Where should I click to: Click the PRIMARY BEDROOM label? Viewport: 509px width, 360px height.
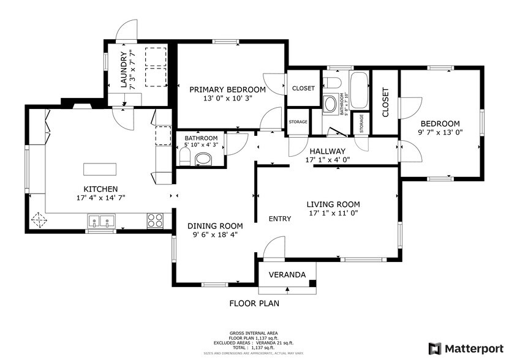[227, 89]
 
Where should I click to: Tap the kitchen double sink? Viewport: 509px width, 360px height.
[102, 221]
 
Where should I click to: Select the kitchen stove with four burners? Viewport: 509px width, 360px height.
[155, 220]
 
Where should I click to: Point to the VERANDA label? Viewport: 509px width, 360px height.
[287, 275]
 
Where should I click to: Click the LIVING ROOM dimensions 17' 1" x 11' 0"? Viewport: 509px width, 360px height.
[333, 214]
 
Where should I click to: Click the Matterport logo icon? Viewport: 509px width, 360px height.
[434, 348]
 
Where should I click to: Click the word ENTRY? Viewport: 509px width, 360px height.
[281, 219]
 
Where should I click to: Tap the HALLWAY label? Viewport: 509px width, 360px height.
[327, 151]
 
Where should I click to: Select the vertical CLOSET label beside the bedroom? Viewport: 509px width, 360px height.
[385, 102]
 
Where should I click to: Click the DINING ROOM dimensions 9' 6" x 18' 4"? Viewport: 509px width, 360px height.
[214, 234]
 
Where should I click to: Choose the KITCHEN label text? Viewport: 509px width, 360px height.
[100, 189]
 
